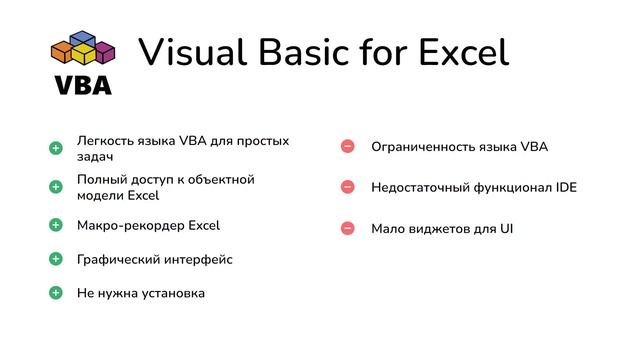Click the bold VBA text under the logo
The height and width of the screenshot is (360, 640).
point(83,85)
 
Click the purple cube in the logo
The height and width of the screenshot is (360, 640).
point(104,52)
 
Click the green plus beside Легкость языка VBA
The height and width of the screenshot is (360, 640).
point(56,148)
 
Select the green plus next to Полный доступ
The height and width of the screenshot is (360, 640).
point(56,186)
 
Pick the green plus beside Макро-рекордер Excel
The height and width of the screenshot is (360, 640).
point(56,225)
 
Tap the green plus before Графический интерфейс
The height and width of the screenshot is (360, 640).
point(56,259)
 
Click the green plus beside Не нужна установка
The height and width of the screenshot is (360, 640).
point(56,293)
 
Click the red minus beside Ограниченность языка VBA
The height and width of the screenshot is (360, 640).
point(348,147)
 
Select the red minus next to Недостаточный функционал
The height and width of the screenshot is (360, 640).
point(348,187)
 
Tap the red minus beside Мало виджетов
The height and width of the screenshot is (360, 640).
point(348,228)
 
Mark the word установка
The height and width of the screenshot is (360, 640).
point(172,293)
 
